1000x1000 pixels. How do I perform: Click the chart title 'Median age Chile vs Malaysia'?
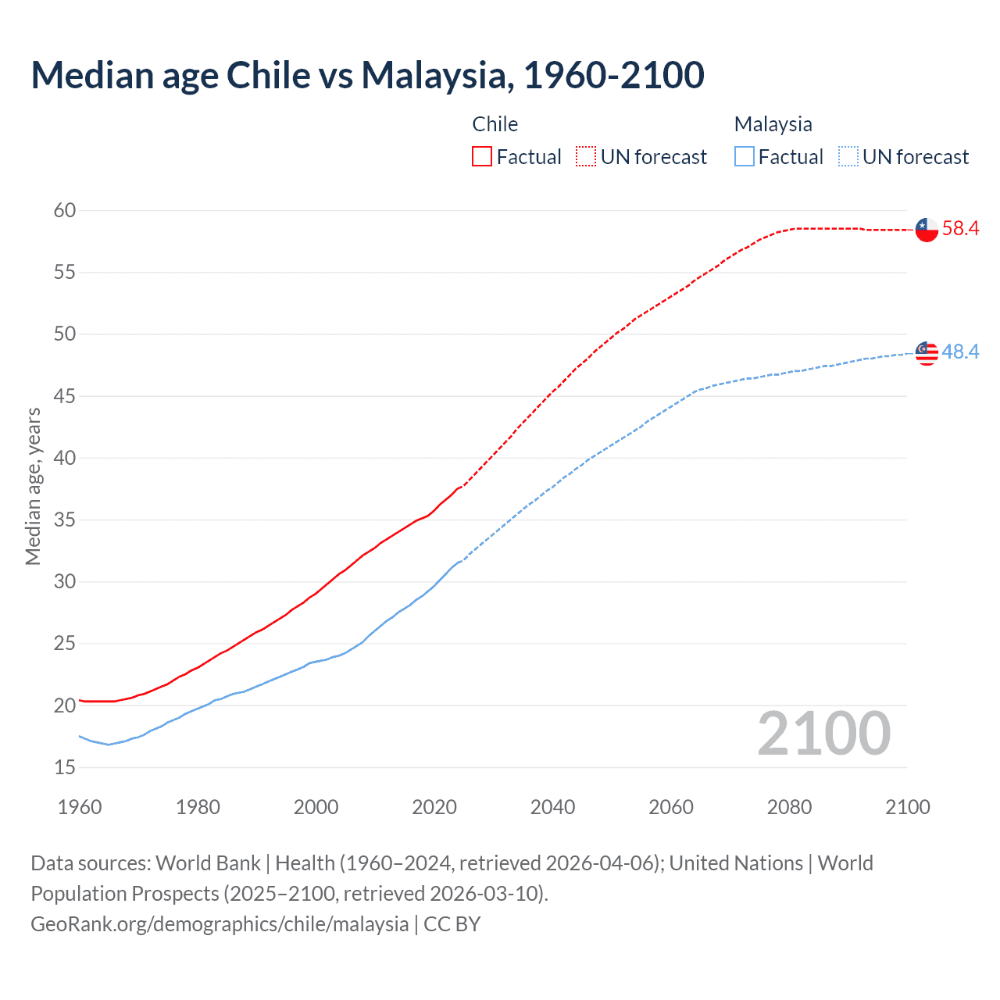click(x=367, y=75)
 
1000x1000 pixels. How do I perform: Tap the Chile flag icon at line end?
click(x=927, y=230)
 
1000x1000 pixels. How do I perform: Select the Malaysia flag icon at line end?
click(x=927, y=353)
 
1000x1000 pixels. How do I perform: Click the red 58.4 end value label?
click(x=960, y=229)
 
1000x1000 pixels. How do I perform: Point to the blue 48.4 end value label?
click(x=960, y=352)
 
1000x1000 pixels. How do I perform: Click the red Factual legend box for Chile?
click(x=482, y=157)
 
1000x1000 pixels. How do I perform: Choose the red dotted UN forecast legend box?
click(x=586, y=157)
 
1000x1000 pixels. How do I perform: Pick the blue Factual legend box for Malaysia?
click(x=745, y=157)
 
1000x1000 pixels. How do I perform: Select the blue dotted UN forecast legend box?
click(x=848, y=157)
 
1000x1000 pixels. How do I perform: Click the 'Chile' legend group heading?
click(x=495, y=124)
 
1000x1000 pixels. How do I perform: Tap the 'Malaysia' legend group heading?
click(x=773, y=124)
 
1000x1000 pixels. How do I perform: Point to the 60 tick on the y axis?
click(x=65, y=210)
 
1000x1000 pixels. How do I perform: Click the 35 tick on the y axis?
click(x=65, y=520)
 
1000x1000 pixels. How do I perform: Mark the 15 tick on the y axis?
click(x=65, y=767)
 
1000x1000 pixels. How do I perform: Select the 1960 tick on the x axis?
click(x=80, y=807)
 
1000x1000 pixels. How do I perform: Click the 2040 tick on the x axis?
click(x=552, y=807)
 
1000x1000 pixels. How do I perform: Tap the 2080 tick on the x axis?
click(x=789, y=807)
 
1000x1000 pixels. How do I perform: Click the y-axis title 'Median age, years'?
click(x=33, y=486)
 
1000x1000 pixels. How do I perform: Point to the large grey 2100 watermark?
click(x=823, y=734)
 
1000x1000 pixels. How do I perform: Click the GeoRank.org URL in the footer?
click(x=220, y=924)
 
